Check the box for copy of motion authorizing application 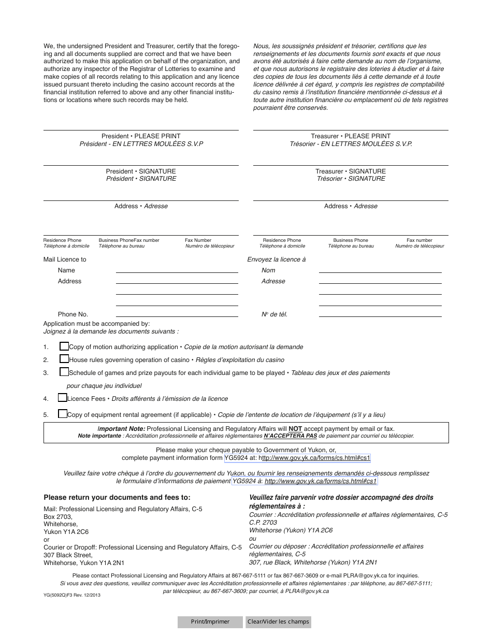pos(64,346)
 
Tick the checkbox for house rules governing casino pos(64,359)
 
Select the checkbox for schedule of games pos(64,372)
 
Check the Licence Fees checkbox pos(63,398)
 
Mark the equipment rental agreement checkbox pos(63,414)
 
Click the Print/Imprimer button pos(210,621)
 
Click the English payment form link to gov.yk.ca pos(315,458)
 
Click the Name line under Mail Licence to pos(177,270)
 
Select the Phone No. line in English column pos(177,314)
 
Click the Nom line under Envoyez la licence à pos(380,270)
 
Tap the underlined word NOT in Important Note pos(295,429)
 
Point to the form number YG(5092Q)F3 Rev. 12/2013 pos(72,596)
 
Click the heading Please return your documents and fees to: pos(117,497)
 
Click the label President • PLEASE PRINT pos(141,136)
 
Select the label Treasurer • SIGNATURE pos(351,171)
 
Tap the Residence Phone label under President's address pos(62,240)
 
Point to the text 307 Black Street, pos(68,555)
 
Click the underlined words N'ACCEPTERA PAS pos(290,436)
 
